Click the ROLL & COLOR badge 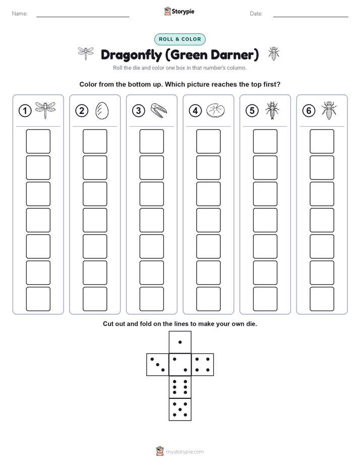click(179, 39)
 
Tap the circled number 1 click(25, 110)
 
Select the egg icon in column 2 click(102, 111)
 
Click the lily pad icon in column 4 click(216, 110)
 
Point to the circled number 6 click(309, 110)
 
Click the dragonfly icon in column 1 click(45, 110)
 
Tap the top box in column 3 click(151, 141)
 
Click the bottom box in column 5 click(265, 299)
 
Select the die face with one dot click(180, 342)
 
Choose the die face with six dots click(180, 387)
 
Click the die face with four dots click(203, 365)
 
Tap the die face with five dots click(180, 409)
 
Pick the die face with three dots click(158, 365)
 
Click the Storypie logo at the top click(179, 11)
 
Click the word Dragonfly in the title click(131, 55)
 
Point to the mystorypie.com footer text click(185, 452)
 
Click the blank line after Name click(83, 17)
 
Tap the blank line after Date click(311, 17)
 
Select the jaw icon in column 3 click(159, 110)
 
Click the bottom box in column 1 click(38, 299)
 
